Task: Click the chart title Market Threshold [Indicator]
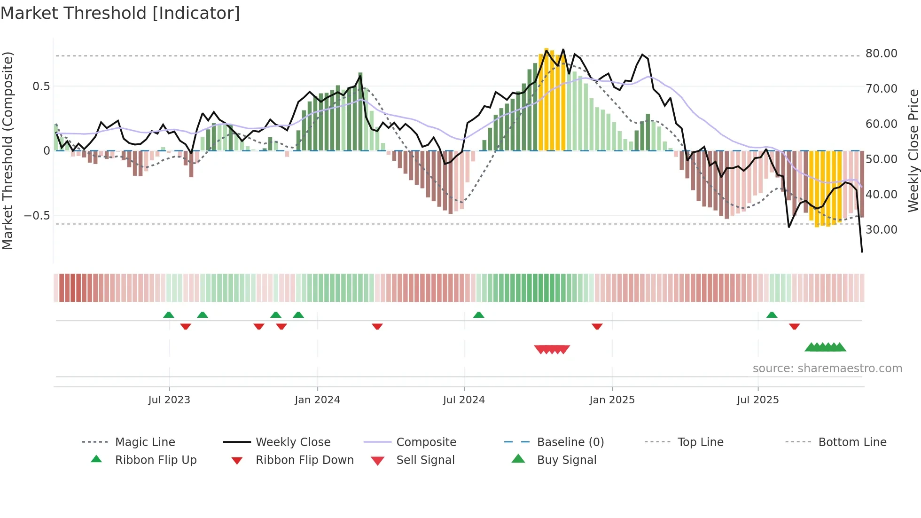coord(120,13)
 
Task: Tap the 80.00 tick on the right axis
coord(881,54)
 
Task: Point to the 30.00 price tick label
coord(881,230)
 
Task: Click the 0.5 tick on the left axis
coord(41,86)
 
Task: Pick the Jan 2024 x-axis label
coord(317,400)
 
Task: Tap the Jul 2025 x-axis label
coord(757,400)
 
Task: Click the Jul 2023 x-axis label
coord(169,400)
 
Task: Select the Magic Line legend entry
coord(145,442)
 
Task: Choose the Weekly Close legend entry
coord(293,442)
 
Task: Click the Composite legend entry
coord(426,442)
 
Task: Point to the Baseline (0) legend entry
coord(570,442)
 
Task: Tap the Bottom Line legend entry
coord(852,442)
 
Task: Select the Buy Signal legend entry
coord(566,460)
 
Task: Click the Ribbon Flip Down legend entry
coord(304,460)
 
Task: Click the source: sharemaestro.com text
coord(827,369)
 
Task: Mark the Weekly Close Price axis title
coord(913,150)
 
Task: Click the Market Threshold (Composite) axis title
coord(8,150)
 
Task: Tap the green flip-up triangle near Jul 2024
coord(478,315)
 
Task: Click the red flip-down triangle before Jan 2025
coord(597,326)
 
